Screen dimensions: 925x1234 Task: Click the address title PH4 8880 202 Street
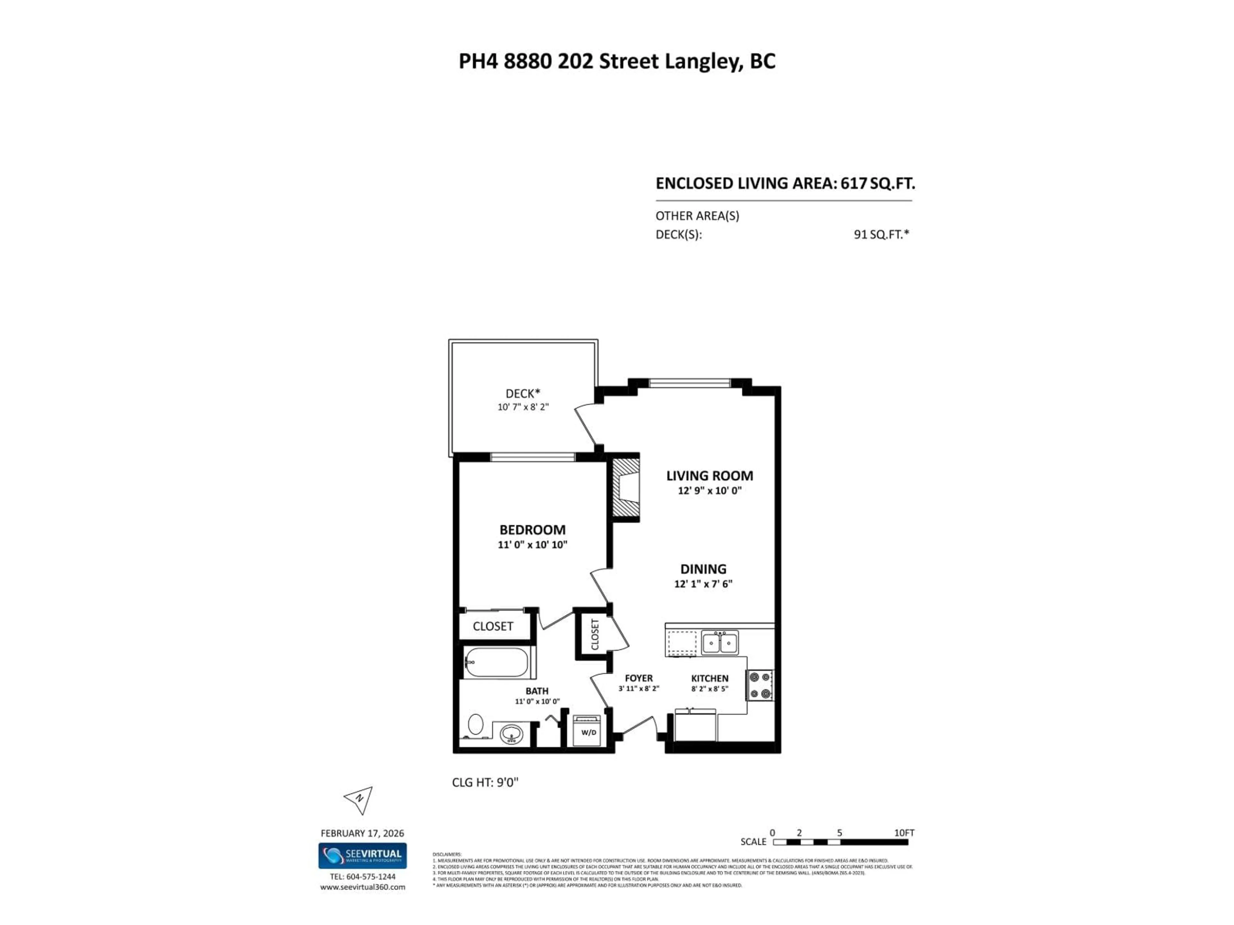tap(616, 61)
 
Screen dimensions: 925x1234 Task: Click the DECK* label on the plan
tap(523, 394)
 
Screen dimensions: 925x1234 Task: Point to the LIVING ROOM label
tap(709, 476)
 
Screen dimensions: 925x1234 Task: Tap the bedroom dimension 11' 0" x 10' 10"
tap(532, 545)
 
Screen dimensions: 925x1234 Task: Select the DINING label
tap(703, 569)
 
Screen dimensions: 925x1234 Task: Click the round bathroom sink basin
tap(511, 734)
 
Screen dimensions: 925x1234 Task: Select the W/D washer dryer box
tap(588, 732)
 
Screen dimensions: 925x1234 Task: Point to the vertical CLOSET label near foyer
tap(595, 635)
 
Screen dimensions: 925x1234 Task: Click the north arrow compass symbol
tap(359, 799)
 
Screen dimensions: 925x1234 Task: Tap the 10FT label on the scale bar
tap(904, 833)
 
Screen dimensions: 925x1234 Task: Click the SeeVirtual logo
tap(362, 855)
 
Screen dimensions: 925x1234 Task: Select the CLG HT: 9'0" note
tap(485, 782)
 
